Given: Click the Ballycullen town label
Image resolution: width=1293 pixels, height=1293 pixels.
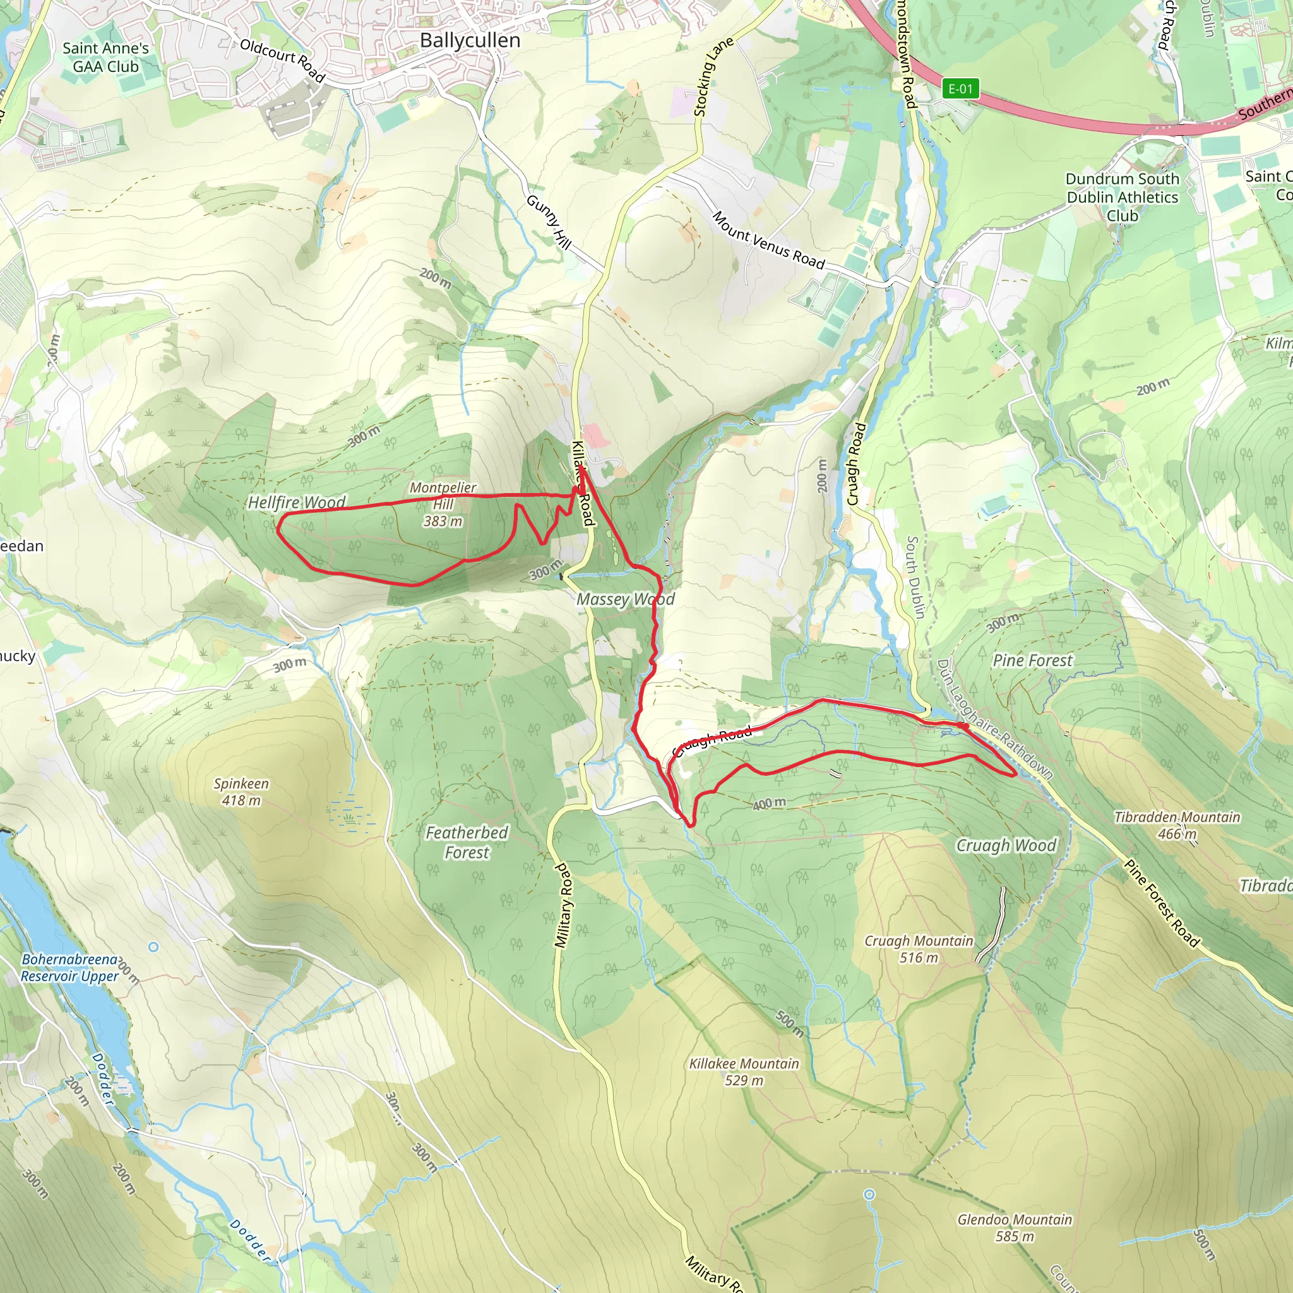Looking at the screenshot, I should pyautogui.click(x=470, y=40).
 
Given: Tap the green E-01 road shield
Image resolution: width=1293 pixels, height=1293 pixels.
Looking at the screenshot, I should pyautogui.click(x=960, y=88).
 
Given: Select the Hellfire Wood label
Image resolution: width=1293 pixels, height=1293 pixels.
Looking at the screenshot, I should pyautogui.click(x=297, y=502).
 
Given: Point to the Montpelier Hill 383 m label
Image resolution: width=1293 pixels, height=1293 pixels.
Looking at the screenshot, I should pyautogui.click(x=443, y=504).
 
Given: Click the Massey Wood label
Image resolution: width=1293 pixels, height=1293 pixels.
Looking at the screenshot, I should pyautogui.click(x=625, y=599).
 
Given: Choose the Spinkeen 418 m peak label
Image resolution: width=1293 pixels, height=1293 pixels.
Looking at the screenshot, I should pyautogui.click(x=241, y=792).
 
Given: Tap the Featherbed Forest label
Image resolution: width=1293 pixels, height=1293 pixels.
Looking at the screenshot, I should pyautogui.click(x=467, y=842).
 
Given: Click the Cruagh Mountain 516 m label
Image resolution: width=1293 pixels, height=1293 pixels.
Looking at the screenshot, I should pyautogui.click(x=918, y=949).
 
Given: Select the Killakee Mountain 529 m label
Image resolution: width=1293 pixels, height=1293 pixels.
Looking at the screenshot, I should pyautogui.click(x=744, y=1071).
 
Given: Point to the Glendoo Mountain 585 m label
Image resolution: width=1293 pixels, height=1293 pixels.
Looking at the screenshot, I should pyautogui.click(x=1014, y=1227).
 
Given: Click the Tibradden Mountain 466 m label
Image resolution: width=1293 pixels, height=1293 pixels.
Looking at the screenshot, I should pyautogui.click(x=1177, y=825).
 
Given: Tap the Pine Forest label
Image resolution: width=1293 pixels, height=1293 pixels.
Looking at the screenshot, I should pyautogui.click(x=1032, y=660).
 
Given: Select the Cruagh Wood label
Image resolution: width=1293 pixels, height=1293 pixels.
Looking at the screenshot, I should pyautogui.click(x=1005, y=845).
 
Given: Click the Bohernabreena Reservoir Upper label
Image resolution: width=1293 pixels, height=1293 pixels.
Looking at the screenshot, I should pyautogui.click(x=69, y=968).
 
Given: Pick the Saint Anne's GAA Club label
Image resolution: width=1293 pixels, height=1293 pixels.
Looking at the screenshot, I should pyautogui.click(x=105, y=57).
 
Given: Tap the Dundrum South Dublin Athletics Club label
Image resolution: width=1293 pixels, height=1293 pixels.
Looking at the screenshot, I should pyautogui.click(x=1122, y=197).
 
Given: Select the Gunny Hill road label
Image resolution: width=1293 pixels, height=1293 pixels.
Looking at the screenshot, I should pyautogui.click(x=549, y=222).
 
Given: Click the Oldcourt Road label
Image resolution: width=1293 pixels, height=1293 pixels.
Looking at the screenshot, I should pyautogui.click(x=282, y=60).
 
